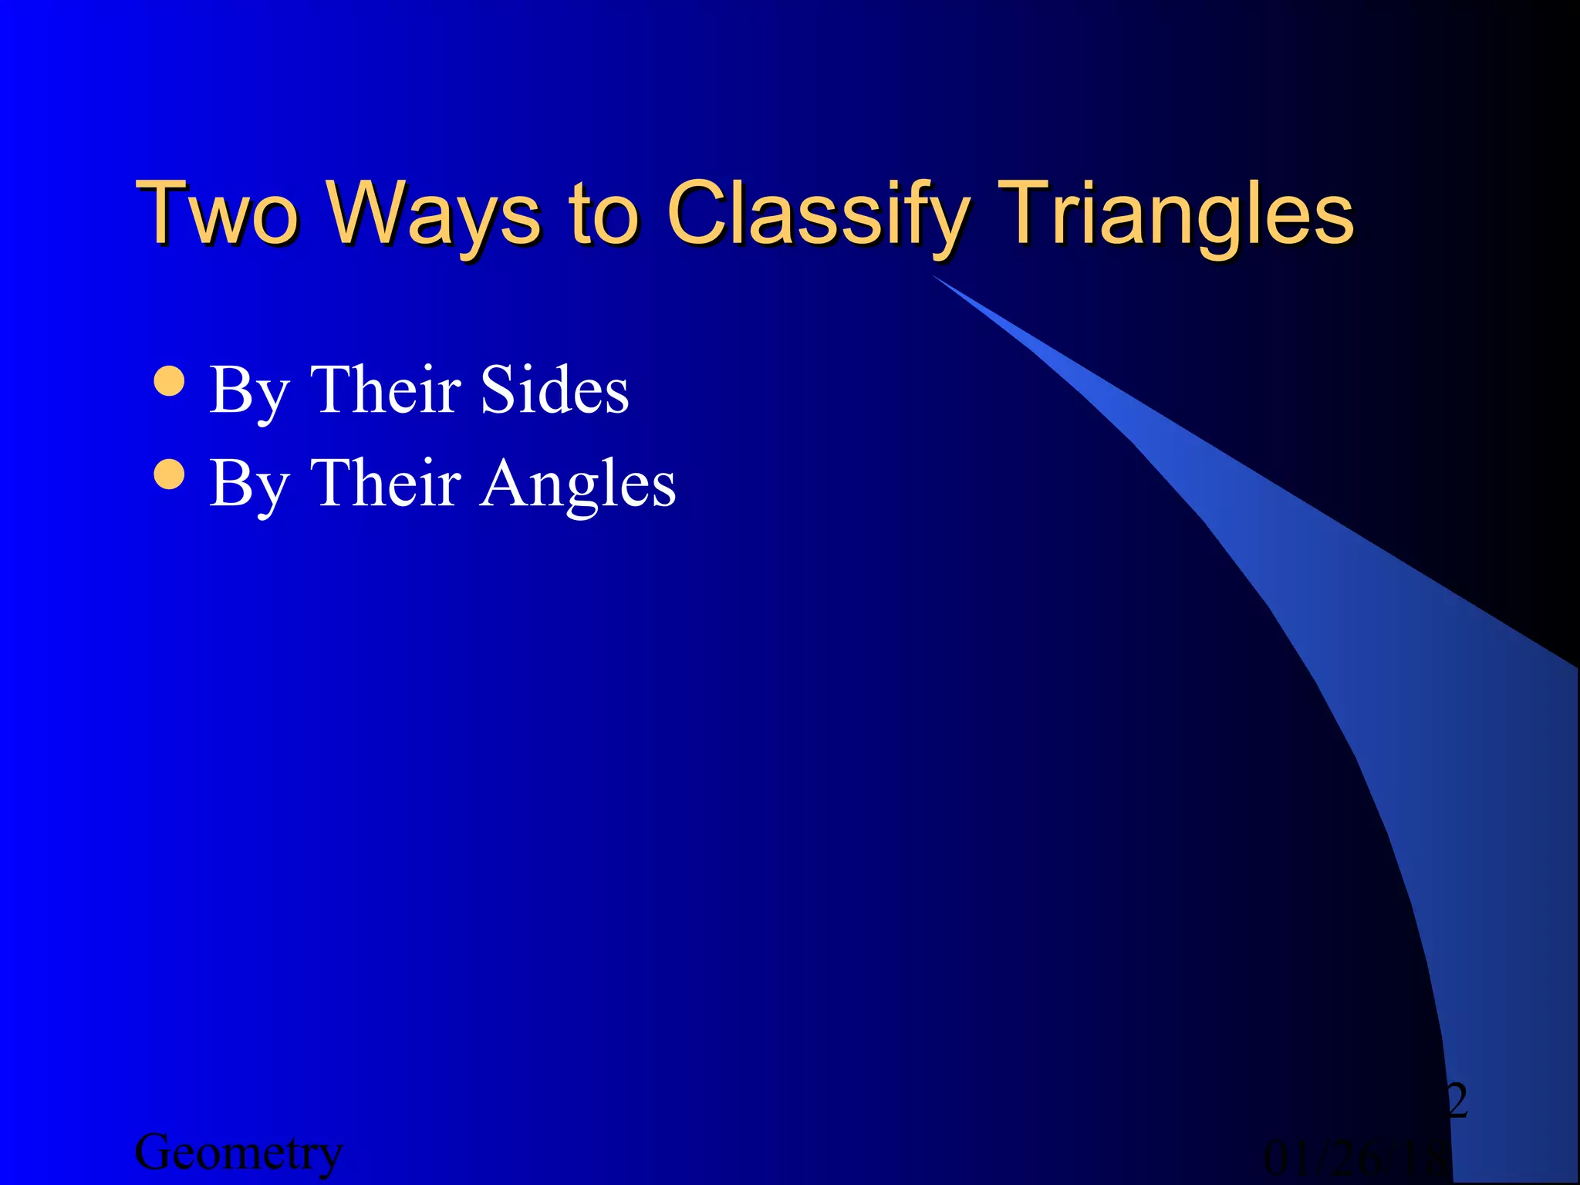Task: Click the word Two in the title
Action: (x=217, y=212)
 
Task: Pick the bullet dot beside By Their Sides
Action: (x=169, y=380)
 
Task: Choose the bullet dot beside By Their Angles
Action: (x=169, y=474)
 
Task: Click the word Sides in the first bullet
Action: (x=554, y=390)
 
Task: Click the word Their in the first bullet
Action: (x=385, y=390)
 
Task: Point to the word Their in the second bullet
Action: (x=385, y=483)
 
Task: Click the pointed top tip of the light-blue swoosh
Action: (x=936, y=277)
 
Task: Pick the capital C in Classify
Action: (x=696, y=211)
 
